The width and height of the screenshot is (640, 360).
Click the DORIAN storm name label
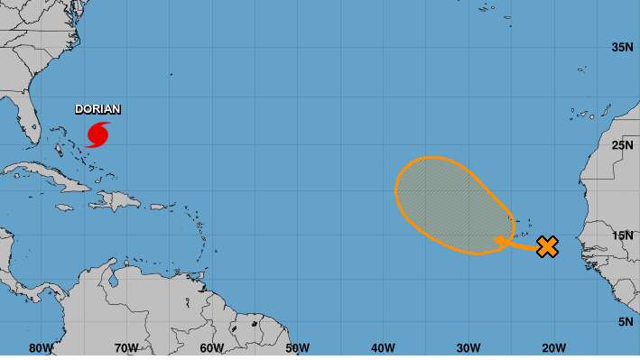tap(97, 109)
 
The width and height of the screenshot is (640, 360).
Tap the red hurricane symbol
tap(97, 134)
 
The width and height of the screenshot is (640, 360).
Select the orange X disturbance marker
tap(547, 245)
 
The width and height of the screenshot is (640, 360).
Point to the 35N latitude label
tap(619, 48)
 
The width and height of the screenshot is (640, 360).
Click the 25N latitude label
tap(619, 144)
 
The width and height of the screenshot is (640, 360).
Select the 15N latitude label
tap(619, 235)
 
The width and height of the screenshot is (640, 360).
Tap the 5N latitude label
tap(623, 322)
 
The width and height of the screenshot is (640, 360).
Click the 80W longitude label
tap(41, 348)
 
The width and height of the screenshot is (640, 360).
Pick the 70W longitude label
tap(126, 348)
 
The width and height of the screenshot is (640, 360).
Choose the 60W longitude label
tap(211, 348)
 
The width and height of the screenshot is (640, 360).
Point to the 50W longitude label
tap(297, 348)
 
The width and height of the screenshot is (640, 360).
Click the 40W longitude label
tap(383, 348)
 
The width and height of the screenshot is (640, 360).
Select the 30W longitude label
tap(468, 348)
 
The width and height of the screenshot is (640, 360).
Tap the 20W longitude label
tap(553, 348)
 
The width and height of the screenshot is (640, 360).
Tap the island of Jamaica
tap(63, 207)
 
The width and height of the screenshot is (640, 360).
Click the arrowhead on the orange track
tap(499, 240)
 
